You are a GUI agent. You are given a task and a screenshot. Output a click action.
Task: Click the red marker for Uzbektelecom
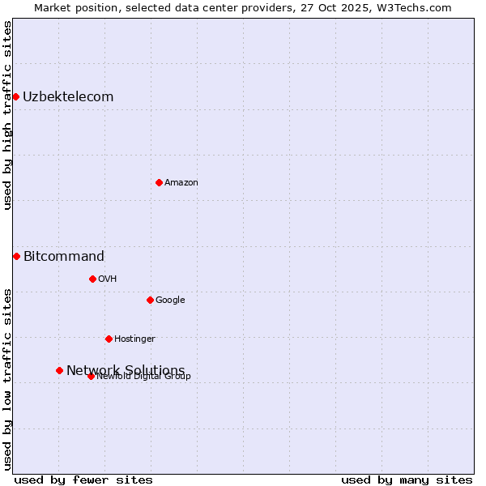pyautogui.click(x=15, y=97)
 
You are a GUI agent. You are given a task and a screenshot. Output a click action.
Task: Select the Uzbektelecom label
pyautogui.click(x=68, y=97)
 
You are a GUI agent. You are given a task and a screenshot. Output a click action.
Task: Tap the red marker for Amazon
pyautogui.click(x=159, y=182)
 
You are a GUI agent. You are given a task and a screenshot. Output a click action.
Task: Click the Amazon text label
pyautogui.click(x=181, y=183)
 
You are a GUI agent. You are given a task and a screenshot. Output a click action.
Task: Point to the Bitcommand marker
pyautogui.click(x=16, y=257)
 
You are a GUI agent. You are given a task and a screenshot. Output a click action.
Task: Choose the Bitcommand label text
pyautogui.click(x=64, y=257)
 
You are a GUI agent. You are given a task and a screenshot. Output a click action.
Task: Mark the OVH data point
pyautogui.click(x=92, y=279)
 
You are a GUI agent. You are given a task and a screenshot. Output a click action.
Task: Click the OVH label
pyautogui.click(x=108, y=279)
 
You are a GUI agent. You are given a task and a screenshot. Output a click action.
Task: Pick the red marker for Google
pyautogui.click(x=150, y=300)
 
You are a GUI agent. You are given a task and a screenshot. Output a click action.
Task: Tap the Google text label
pyautogui.click(x=170, y=301)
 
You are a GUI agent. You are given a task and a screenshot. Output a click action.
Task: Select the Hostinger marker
pyautogui.click(x=109, y=339)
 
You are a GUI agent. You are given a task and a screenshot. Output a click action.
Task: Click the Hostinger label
pyautogui.click(x=134, y=339)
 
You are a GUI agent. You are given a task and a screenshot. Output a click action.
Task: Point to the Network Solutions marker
pyautogui.click(x=59, y=370)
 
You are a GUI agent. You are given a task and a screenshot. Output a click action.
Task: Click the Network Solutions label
pyautogui.click(x=126, y=371)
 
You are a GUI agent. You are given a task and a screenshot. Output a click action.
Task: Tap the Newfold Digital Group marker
pyautogui.click(x=91, y=376)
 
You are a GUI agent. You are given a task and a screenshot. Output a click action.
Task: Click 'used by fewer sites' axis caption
pyautogui.click(x=83, y=480)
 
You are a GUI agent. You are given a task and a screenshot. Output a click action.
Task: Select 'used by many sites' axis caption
pyautogui.click(x=407, y=480)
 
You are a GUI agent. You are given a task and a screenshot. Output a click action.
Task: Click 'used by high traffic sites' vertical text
pyautogui.click(x=7, y=115)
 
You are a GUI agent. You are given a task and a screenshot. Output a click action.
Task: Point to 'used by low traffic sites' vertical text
pyautogui.click(x=7, y=379)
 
